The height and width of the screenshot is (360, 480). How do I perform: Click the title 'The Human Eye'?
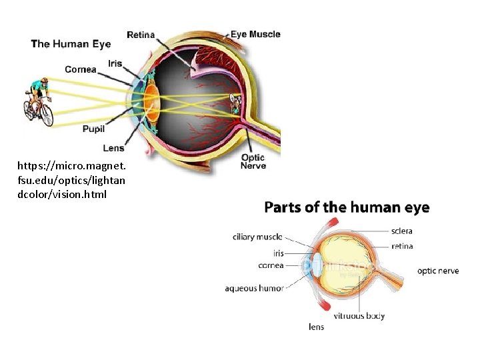click(x=71, y=44)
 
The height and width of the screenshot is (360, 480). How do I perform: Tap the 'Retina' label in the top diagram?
click(x=141, y=35)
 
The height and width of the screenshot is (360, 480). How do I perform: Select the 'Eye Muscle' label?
click(x=255, y=34)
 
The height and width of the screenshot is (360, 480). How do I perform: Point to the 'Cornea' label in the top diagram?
click(x=81, y=69)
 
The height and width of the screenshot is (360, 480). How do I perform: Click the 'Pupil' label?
click(x=93, y=129)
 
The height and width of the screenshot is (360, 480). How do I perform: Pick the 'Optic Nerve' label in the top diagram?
click(x=253, y=162)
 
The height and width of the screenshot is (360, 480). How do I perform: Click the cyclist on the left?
click(x=39, y=102)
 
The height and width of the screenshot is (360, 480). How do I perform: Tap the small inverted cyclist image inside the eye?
click(x=235, y=103)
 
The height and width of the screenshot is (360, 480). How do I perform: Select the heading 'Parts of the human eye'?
click(x=347, y=207)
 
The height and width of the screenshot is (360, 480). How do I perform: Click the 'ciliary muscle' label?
click(x=257, y=237)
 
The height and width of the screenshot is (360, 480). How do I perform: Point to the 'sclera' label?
click(x=402, y=231)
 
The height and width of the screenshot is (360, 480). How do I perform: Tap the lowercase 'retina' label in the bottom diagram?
click(x=402, y=247)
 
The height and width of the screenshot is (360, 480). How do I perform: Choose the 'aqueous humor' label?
click(x=254, y=289)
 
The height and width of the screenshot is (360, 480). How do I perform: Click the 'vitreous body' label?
click(x=359, y=316)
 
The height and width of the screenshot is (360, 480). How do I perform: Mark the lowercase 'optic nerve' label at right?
click(x=438, y=271)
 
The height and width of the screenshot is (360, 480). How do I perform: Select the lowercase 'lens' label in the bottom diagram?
click(x=316, y=327)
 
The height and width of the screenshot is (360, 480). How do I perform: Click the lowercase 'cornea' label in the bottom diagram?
click(x=271, y=265)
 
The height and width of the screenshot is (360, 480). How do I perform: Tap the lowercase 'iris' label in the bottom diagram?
click(x=278, y=253)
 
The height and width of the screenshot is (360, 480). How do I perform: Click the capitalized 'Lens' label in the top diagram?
click(x=113, y=148)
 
